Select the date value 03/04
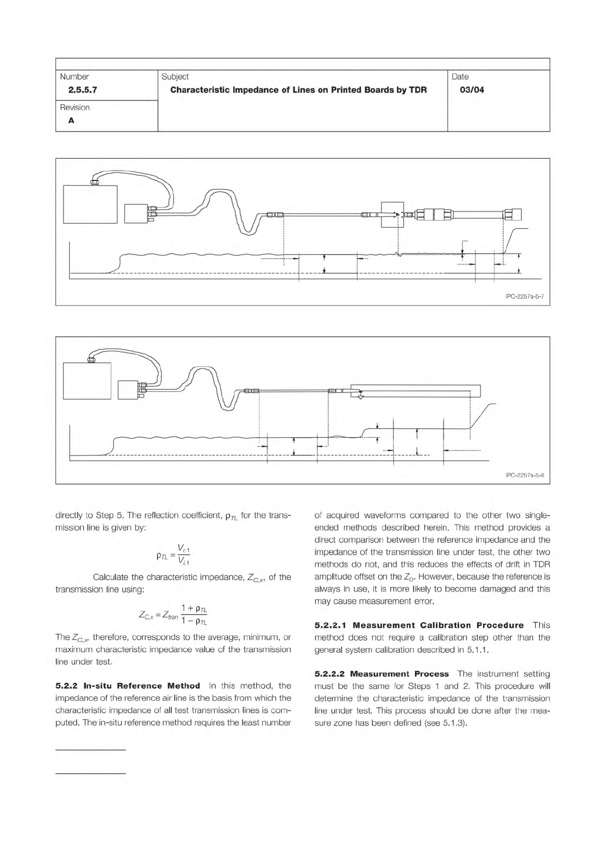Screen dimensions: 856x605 pos(471,90)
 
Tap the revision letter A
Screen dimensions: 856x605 pos(71,120)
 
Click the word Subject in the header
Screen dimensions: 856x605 pos(175,77)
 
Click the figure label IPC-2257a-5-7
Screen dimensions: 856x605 pos(525,296)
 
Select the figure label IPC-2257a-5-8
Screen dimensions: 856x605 pos(525,475)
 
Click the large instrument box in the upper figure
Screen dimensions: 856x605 pos(90,204)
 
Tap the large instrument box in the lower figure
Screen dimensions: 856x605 pos(87,381)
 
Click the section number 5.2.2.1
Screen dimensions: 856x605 pos(331,625)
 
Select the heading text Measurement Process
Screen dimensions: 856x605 pos(399,674)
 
